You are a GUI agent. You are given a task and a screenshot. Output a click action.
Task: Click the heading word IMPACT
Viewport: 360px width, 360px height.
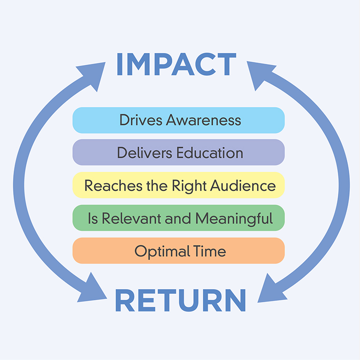(176, 64)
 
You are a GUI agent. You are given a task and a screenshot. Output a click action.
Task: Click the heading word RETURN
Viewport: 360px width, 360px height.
(180, 300)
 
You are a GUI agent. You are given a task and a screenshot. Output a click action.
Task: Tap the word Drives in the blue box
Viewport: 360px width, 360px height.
(141, 120)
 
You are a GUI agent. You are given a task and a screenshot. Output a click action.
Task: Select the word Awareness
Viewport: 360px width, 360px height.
(203, 120)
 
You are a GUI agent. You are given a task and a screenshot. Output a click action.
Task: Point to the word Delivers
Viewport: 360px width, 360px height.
(145, 153)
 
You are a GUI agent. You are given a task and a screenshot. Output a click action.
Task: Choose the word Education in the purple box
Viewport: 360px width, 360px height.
(210, 153)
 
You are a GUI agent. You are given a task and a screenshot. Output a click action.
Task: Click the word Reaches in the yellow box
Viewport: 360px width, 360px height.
(114, 185)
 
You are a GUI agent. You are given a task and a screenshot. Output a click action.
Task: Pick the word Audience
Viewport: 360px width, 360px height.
(243, 185)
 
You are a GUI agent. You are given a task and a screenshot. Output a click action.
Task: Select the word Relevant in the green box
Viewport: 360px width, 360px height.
(131, 218)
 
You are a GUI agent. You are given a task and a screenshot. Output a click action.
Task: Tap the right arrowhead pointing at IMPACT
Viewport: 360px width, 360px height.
(261, 74)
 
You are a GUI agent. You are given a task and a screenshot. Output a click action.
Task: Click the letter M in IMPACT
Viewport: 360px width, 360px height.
(138, 64)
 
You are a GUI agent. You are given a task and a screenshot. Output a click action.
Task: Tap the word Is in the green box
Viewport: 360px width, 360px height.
(93, 218)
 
